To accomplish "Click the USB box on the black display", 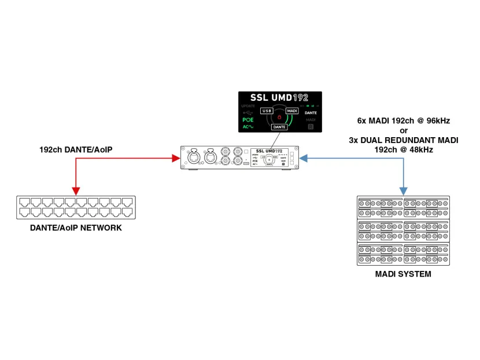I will pyautogui.click(x=266, y=111).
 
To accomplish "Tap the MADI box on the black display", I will pyautogui.click(x=292, y=110).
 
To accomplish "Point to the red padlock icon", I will pyautogui.click(x=279, y=117).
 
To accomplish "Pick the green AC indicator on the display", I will pyautogui.click(x=249, y=126).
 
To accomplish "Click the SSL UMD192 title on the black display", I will pyautogui.click(x=280, y=98).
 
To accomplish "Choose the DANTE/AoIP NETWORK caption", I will pyautogui.click(x=76, y=228).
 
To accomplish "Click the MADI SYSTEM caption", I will pyautogui.click(x=403, y=274).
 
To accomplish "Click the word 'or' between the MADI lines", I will pyautogui.click(x=403, y=130).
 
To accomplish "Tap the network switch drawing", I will pyautogui.click(x=75, y=207).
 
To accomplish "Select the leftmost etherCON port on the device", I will pyautogui.click(x=193, y=157).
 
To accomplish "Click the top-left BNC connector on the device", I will pyautogui.click(x=221, y=152).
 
